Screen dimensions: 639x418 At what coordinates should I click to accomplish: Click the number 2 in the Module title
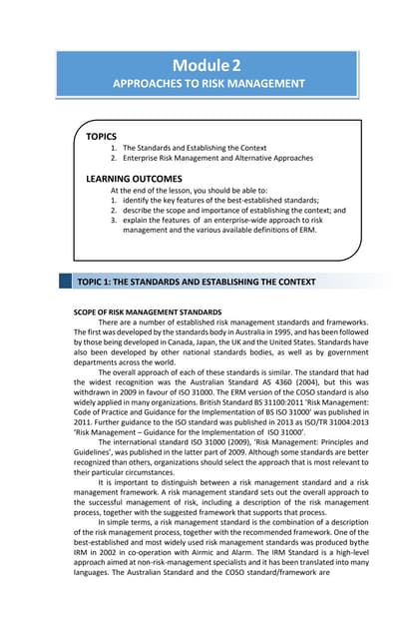click(236, 65)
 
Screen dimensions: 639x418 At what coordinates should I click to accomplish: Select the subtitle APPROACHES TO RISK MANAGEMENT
click(209, 84)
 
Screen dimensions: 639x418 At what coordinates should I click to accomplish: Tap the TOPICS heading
click(102, 135)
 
